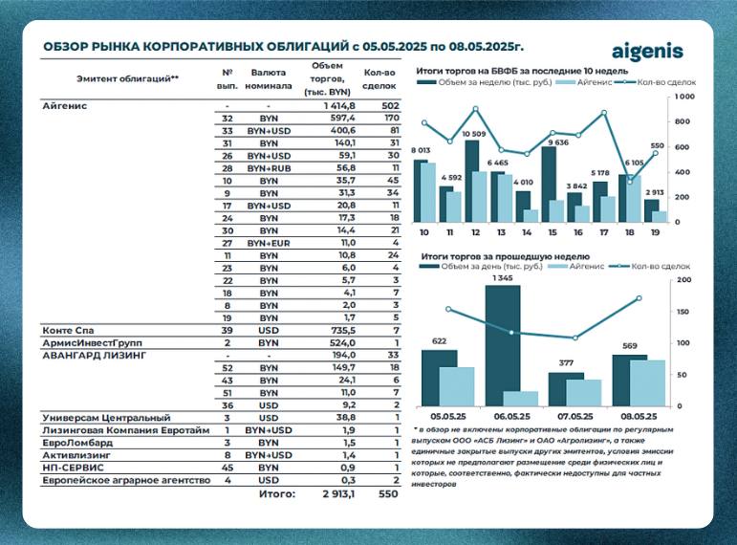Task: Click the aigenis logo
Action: (647, 52)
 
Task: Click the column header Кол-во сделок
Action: (379, 79)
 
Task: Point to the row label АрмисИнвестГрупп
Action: (92, 343)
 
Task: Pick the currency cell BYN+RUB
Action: (269, 168)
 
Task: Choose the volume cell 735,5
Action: (342, 330)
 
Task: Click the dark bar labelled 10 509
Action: (471, 181)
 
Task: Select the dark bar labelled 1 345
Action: (503, 345)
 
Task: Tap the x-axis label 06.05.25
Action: (511, 416)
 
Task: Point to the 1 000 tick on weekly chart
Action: (684, 97)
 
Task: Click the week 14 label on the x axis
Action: (527, 232)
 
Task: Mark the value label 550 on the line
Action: (657, 145)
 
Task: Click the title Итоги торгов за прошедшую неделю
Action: (506, 256)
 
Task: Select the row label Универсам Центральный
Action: (107, 418)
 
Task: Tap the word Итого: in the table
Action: (277, 493)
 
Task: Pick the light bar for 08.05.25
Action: (648, 383)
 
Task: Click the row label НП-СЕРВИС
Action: (73, 468)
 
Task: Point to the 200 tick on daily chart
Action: (683, 280)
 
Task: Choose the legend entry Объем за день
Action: (481, 266)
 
